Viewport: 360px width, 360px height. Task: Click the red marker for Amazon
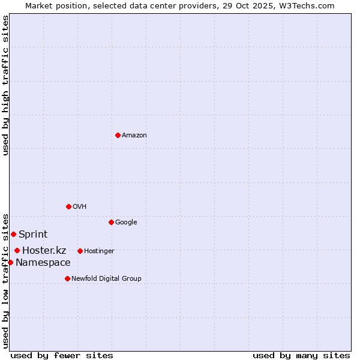click(x=118, y=135)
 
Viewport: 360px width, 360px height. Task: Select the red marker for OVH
click(x=68, y=206)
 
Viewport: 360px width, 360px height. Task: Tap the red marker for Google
click(x=111, y=222)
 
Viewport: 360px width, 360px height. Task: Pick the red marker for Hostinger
click(x=80, y=251)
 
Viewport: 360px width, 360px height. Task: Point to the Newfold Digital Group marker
click(x=67, y=278)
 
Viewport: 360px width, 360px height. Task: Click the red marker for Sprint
click(x=13, y=234)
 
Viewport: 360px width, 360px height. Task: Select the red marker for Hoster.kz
click(x=17, y=250)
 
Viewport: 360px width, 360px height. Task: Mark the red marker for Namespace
click(x=10, y=262)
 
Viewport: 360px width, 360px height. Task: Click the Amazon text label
click(x=134, y=136)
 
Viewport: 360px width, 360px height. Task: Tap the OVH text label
click(x=80, y=207)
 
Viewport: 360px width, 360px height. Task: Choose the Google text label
click(x=126, y=223)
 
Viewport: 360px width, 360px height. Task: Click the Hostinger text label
click(x=99, y=251)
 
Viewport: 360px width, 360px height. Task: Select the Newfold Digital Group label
click(x=106, y=279)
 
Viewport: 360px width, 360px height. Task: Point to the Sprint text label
click(x=33, y=235)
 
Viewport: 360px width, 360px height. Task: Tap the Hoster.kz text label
click(x=44, y=251)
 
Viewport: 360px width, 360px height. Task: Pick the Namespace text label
click(x=43, y=263)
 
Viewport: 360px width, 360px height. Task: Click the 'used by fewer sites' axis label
click(x=62, y=355)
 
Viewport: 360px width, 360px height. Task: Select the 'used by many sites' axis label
click(x=301, y=355)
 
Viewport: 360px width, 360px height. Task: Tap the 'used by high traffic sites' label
click(x=5, y=85)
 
